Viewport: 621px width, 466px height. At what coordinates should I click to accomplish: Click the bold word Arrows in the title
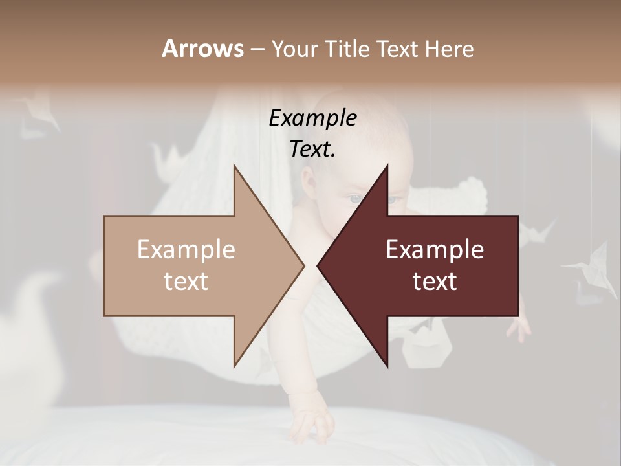[203, 49]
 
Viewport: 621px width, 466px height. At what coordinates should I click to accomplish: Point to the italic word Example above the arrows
[312, 118]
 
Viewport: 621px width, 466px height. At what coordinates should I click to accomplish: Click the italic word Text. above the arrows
[312, 149]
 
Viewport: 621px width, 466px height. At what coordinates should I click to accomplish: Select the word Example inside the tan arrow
[186, 249]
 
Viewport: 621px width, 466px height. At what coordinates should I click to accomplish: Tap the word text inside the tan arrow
[186, 281]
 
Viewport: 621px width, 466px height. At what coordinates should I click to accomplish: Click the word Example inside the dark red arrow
[435, 249]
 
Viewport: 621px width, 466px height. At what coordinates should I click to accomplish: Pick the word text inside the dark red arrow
[435, 281]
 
